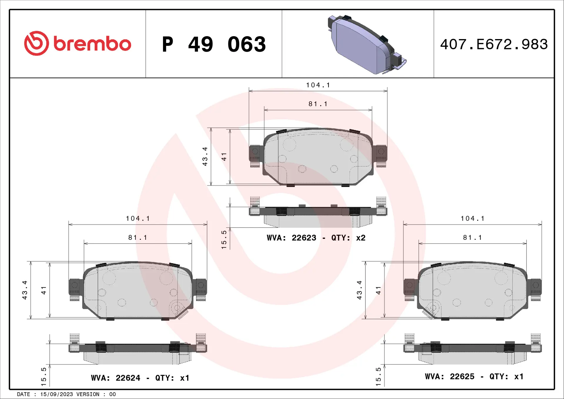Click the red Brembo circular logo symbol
(36, 43)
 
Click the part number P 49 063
(214, 44)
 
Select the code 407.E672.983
(494, 44)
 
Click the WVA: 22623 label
(291, 238)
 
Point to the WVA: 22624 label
(115, 378)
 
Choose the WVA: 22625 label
(449, 376)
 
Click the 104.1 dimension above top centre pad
(318, 85)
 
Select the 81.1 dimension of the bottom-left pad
(137, 237)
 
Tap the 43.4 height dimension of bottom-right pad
(359, 290)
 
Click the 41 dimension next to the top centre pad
(224, 157)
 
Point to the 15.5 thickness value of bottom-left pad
(43, 376)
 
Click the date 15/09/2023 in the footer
(56, 394)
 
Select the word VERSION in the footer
(88, 394)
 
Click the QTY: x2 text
(348, 238)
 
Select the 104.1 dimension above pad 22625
(472, 219)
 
